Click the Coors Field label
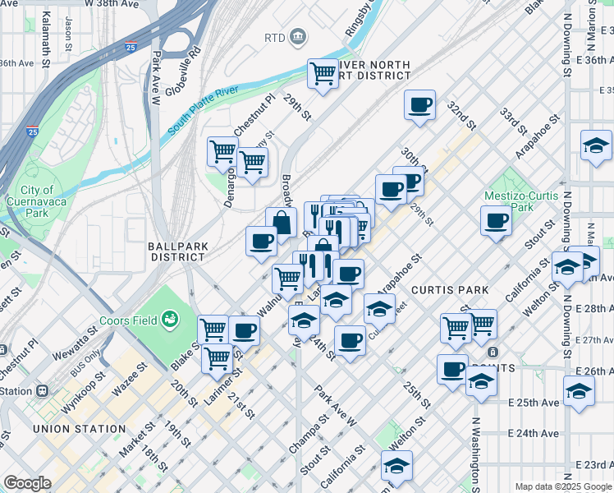[128, 320]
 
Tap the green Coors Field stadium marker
[171, 318]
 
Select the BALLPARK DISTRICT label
[176, 251]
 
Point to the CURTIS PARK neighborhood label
[450, 290]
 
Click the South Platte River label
[203, 113]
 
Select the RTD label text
[273, 38]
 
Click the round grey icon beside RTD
[297, 37]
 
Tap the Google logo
[27, 483]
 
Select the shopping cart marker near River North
[323, 74]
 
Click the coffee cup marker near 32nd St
[419, 105]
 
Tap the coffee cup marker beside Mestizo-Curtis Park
[496, 221]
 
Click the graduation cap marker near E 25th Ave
[579, 391]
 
